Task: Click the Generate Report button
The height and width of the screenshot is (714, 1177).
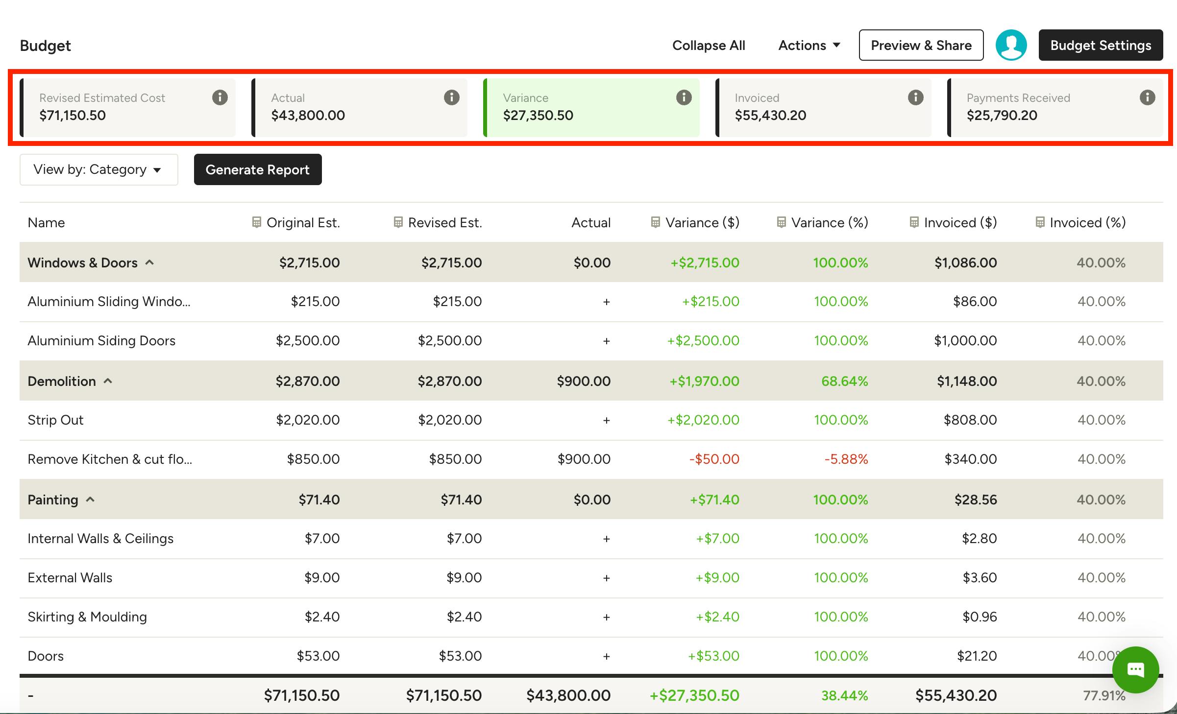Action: (x=258, y=169)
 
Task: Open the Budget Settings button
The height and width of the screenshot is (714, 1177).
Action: (x=1101, y=45)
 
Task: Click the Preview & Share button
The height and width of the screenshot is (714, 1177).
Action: (x=921, y=45)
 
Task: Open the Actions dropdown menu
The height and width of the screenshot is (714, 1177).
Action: (x=809, y=45)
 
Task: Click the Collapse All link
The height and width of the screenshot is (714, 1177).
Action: (x=709, y=45)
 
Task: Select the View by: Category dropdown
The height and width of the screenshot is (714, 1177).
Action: (x=99, y=169)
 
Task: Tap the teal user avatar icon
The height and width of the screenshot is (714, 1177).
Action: (x=1011, y=45)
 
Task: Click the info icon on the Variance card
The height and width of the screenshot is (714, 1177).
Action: (x=684, y=97)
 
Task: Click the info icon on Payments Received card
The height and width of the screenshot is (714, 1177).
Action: (x=1147, y=97)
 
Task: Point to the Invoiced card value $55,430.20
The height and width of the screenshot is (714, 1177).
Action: (x=770, y=116)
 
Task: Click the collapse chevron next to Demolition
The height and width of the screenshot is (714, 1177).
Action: (x=108, y=381)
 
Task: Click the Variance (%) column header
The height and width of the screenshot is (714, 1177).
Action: (x=829, y=222)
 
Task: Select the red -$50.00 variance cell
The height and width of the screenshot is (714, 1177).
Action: (x=714, y=459)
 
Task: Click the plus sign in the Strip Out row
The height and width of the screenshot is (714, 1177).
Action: (x=606, y=420)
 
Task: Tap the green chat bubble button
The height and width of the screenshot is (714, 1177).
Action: (x=1135, y=669)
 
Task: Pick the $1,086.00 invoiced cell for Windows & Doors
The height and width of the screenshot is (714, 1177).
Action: (x=965, y=262)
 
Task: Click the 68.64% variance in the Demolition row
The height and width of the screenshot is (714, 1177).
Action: (x=844, y=381)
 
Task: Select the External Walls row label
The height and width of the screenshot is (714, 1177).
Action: (x=70, y=578)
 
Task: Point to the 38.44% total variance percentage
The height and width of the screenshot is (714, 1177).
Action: (x=844, y=695)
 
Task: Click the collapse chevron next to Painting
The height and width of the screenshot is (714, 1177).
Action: (x=90, y=499)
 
